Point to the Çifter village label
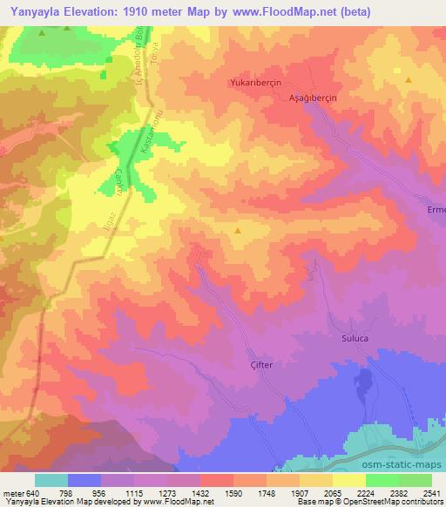(x=262, y=365)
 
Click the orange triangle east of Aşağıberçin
(x=407, y=79)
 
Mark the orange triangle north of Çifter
(x=238, y=231)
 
